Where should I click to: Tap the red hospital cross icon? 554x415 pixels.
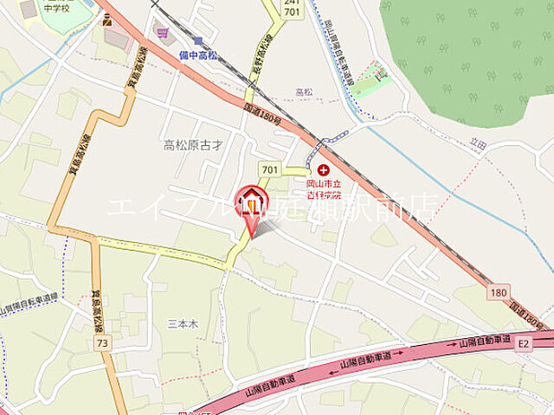[324, 170]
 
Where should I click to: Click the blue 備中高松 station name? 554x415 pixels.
[198, 54]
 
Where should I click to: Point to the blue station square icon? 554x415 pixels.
[198, 41]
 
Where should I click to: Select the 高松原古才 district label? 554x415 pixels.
[193, 144]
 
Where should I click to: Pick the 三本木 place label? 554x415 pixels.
[183, 322]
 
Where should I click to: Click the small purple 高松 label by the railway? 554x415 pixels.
[303, 92]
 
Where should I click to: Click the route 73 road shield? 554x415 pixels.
[103, 343]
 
